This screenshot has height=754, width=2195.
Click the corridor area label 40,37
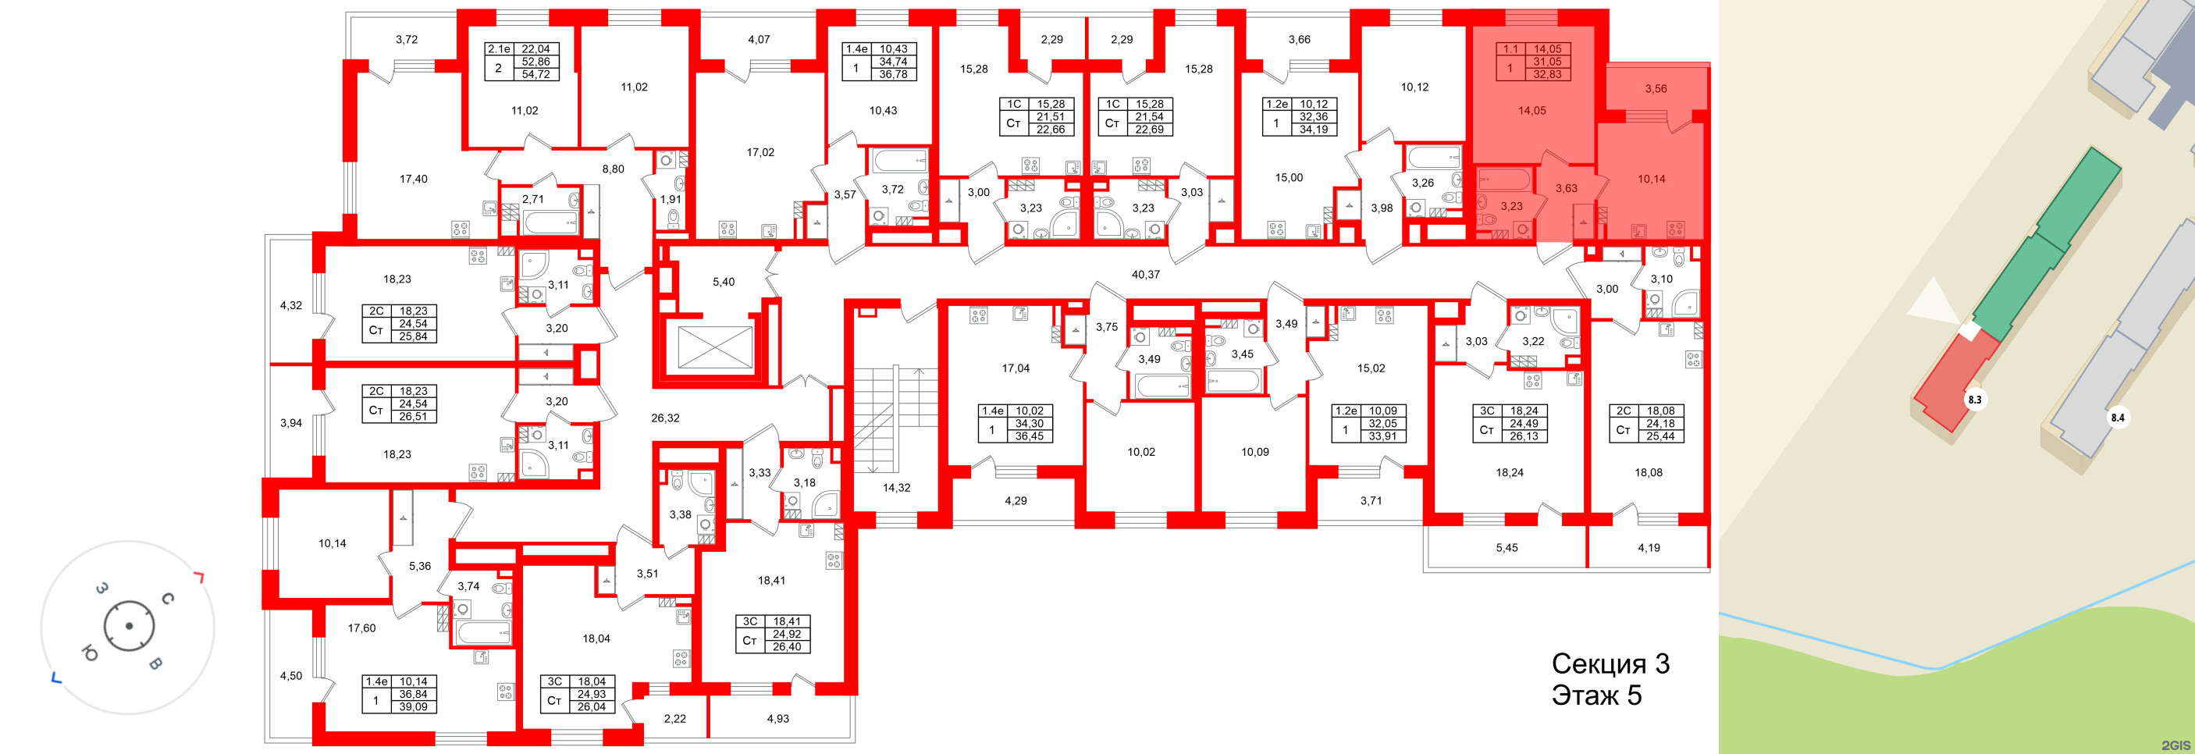tap(1145, 274)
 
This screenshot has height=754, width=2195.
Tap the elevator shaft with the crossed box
tap(715, 347)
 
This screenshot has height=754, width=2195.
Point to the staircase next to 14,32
tap(886, 418)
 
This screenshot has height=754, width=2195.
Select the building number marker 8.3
tap(1974, 400)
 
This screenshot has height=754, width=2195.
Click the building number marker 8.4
tap(2118, 418)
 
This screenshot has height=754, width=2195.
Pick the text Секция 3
tap(1610, 663)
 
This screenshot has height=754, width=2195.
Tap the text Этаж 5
tap(1596, 695)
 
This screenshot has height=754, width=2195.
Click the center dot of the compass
tap(129, 626)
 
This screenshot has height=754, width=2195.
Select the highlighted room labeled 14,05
tap(1532, 111)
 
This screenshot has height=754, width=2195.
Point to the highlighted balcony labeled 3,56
tap(1656, 89)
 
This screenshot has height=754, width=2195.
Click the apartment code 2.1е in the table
tap(499, 49)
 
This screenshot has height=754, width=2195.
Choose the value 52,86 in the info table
tap(535, 62)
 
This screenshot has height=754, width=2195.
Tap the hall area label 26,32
tap(664, 418)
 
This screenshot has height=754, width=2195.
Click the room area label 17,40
tap(413, 179)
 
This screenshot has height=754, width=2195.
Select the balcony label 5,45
tap(1506, 548)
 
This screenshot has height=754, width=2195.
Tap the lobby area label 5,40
tap(723, 282)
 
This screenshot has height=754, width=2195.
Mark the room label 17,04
tap(1015, 369)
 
